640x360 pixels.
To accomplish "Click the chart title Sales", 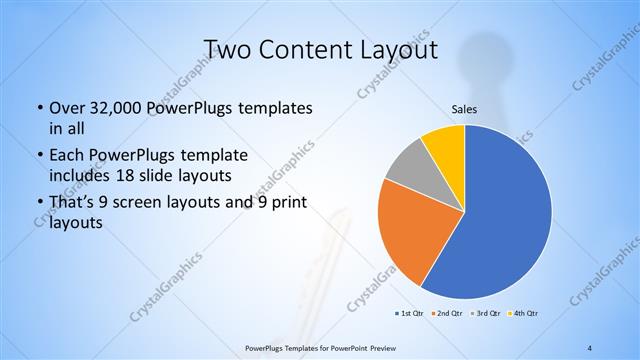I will point(464,110).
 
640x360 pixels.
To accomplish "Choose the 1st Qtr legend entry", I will point(409,313).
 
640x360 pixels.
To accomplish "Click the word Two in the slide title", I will point(227,50).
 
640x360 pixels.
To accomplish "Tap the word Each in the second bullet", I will point(68,155).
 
